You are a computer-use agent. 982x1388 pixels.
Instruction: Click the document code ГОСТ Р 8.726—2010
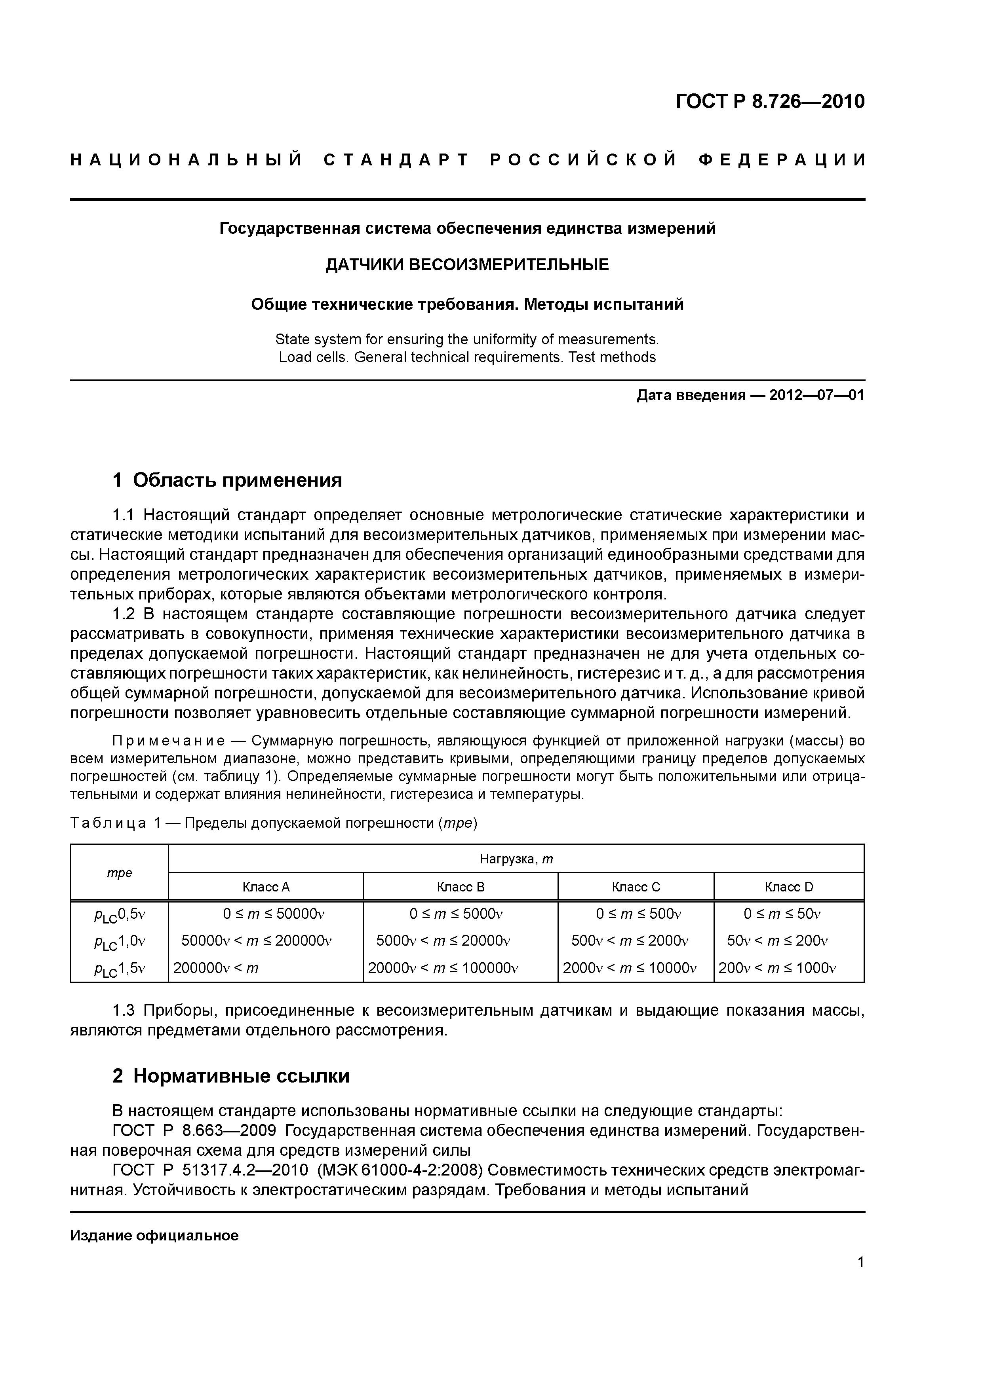(x=770, y=102)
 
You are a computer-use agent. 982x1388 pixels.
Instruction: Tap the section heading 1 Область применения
(x=228, y=480)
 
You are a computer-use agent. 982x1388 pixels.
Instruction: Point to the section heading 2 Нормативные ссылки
(x=231, y=1076)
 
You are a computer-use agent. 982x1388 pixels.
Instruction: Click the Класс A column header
(x=266, y=887)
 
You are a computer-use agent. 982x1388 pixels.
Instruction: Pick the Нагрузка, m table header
(x=516, y=859)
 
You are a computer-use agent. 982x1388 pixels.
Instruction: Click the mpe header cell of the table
(x=119, y=872)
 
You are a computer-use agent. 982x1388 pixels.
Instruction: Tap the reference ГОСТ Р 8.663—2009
(x=195, y=1130)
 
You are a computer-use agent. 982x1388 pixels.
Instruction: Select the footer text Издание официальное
(x=154, y=1236)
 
